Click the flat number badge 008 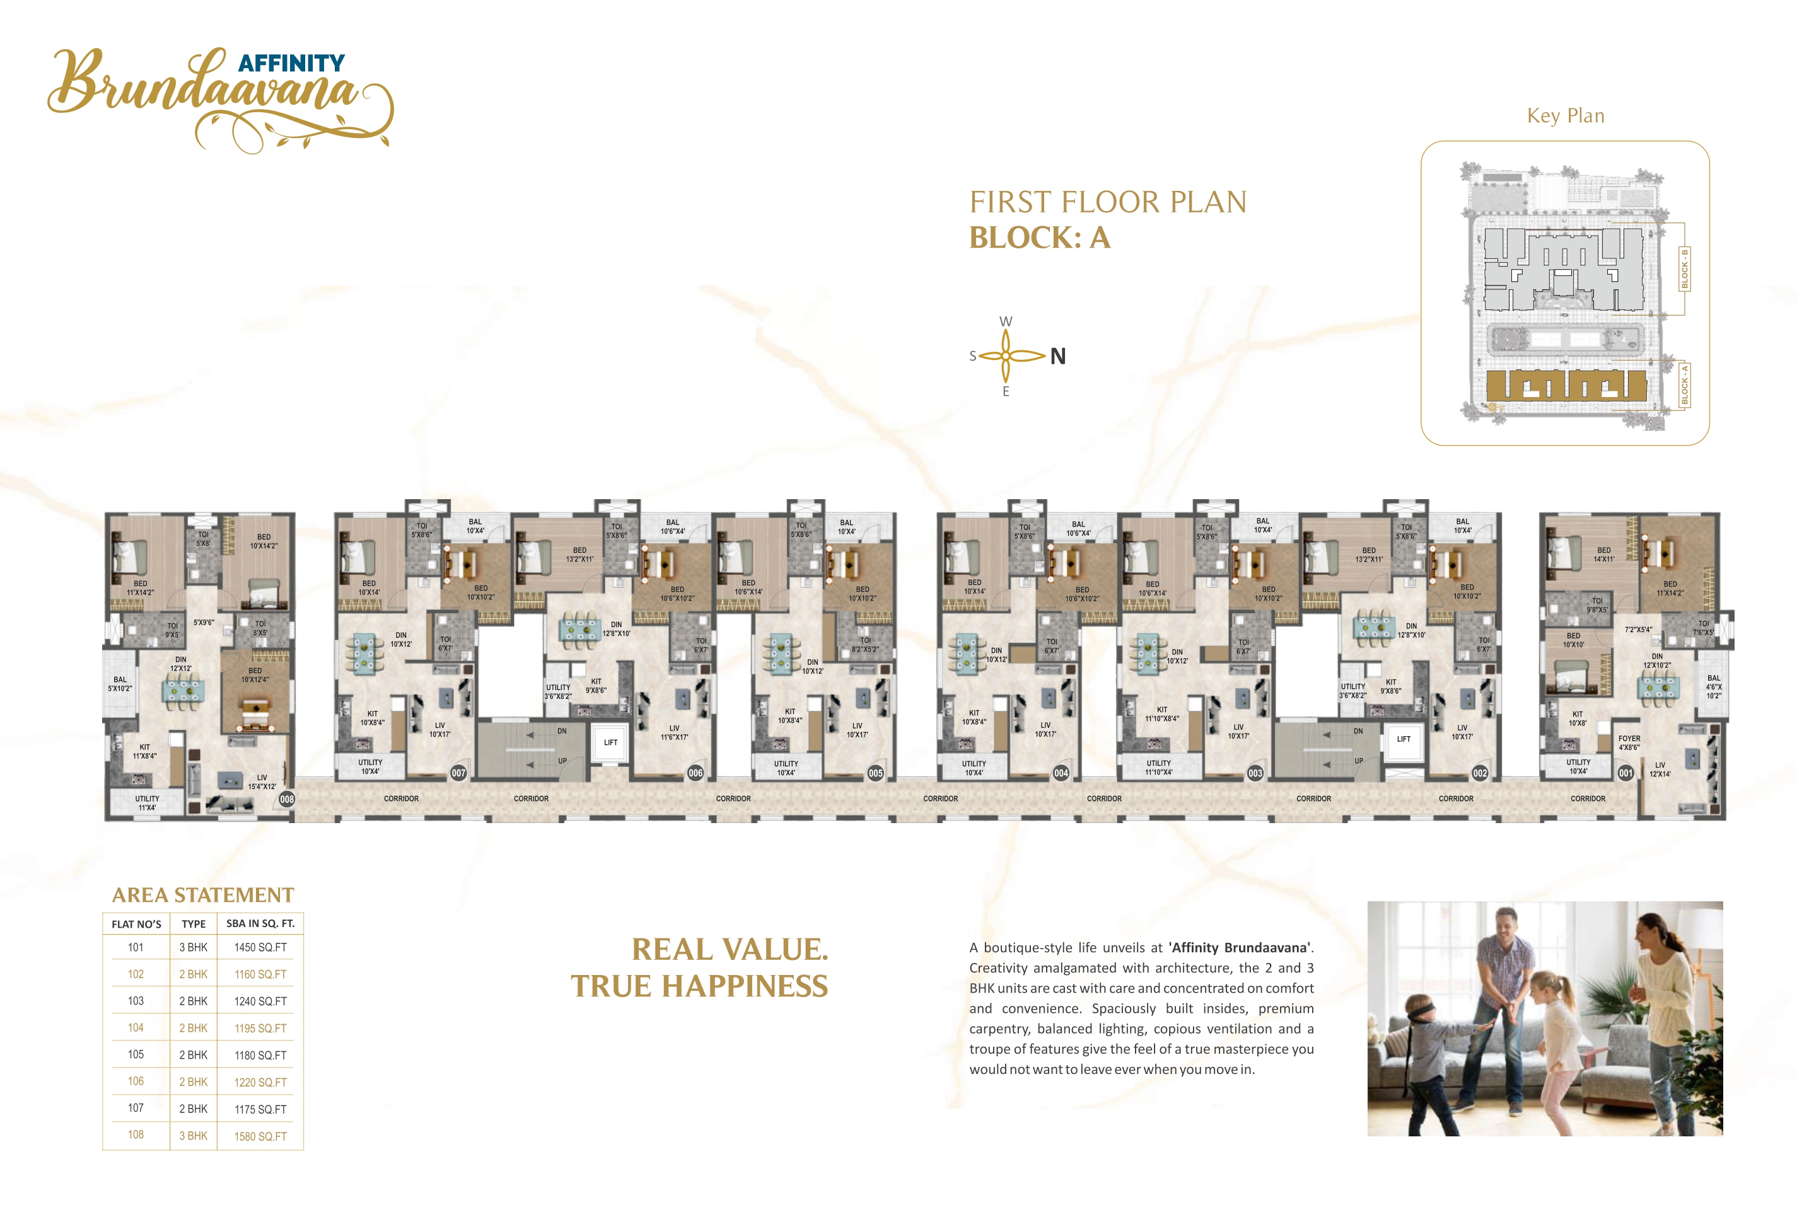(x=287, y=799)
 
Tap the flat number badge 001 (x=1625, y=773)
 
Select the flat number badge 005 (x=875, y=773)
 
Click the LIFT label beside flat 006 (x=611, y=743)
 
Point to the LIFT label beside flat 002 (x=1404, y=739)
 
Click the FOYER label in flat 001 (x=1629, y=738)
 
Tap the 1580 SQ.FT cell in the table (x=260, y=1136)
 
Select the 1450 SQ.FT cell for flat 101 (x=260, y=947)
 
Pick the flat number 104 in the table (x=136, y=1027)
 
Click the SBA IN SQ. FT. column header (x=260, y=924)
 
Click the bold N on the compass (x=1058, y=356)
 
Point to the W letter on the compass (x=1006, y=321)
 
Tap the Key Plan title (x=1566, y=116)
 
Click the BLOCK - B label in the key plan (x=1685, y=268)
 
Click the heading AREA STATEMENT (x=204, y=895)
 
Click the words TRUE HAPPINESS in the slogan (x=700, y=986)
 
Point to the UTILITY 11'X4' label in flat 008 (x=147, y=803)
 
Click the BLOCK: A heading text (x=1040, y=238)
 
